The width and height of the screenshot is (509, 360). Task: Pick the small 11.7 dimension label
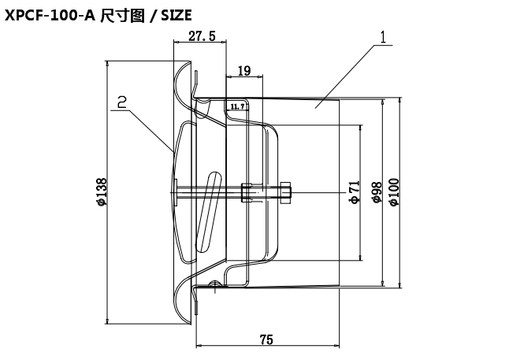(x=237, y=104)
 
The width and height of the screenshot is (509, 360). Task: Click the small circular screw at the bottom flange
(x=214, y=285)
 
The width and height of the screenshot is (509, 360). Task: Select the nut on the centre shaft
(x=248, y=191)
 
